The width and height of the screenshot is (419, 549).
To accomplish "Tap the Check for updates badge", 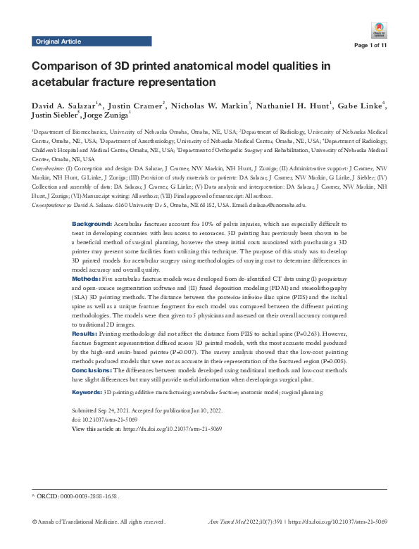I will [380, 30].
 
